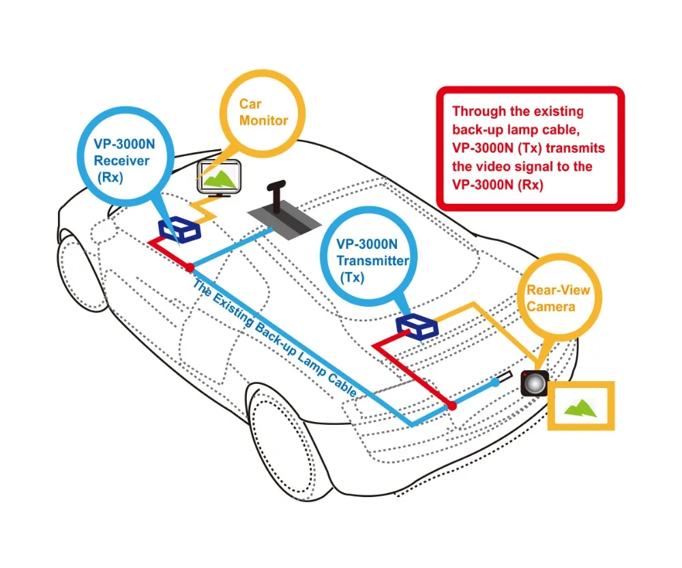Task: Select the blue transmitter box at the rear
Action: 417,325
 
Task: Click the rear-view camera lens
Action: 534,383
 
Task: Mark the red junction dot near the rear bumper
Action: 451,406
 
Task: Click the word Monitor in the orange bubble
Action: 263,121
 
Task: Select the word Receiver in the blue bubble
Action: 121,161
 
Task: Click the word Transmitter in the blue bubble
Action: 372,260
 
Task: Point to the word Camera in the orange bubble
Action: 550,306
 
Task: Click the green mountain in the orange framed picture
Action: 579,408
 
